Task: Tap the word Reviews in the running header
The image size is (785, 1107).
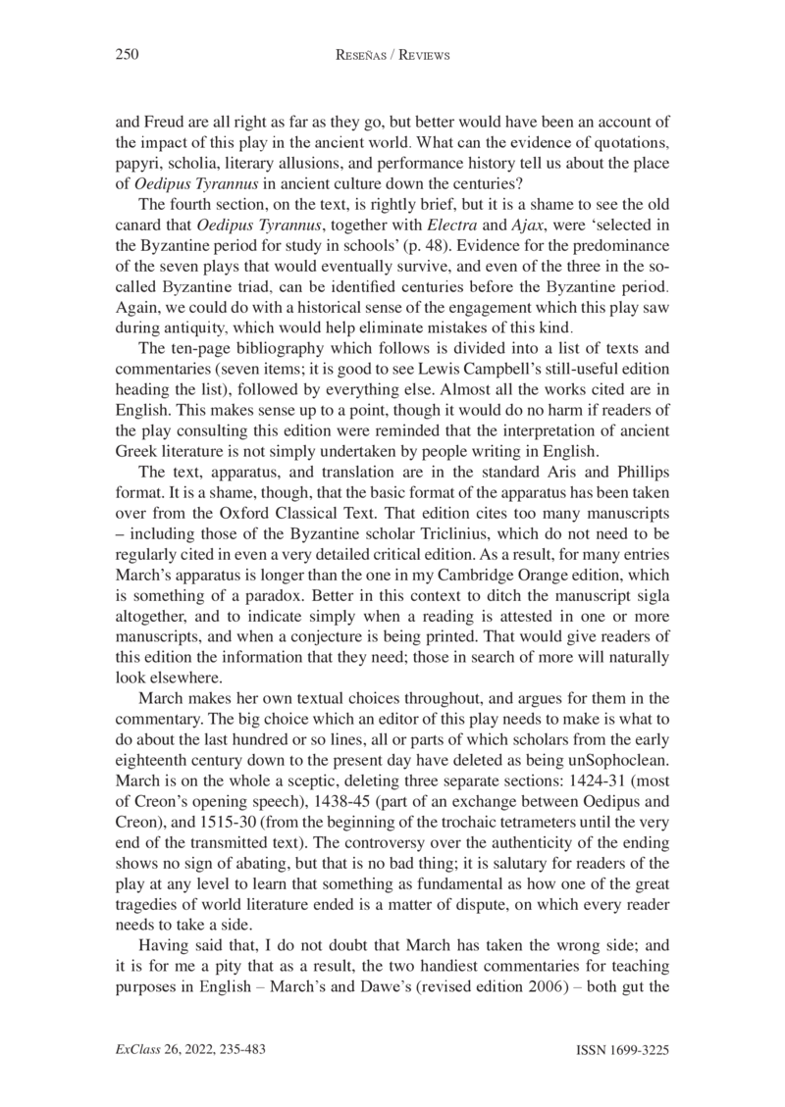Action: click(418, 56)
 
